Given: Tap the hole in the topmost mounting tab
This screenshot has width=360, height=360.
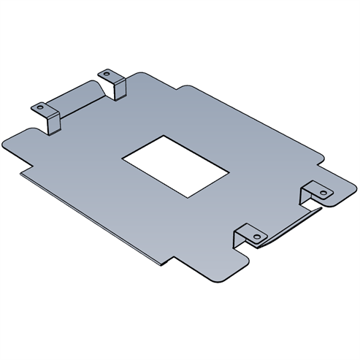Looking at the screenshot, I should pos(106,74).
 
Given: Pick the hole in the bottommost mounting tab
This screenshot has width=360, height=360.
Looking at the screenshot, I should pos(257,236).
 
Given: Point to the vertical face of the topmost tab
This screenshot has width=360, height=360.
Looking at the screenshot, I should pos(116,88).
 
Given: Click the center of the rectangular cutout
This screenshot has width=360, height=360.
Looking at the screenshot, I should pos(176,164).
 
